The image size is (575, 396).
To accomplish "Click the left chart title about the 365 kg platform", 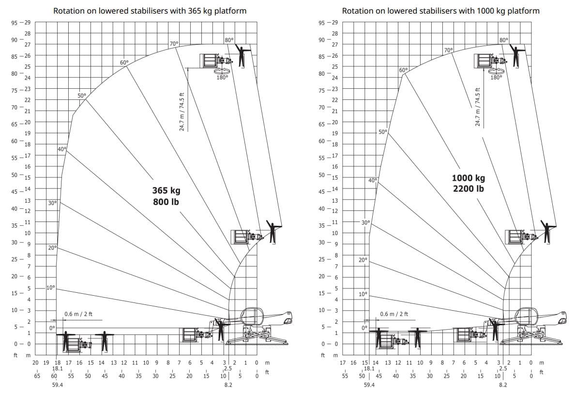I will click(150, 11).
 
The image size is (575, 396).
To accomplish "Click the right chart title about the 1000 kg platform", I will click(440, 11).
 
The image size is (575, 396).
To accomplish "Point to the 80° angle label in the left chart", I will click(229, 40).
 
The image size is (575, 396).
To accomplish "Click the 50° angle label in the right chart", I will click(383, 131).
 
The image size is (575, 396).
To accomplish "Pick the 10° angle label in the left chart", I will click(51, 287).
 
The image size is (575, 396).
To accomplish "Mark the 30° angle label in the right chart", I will click(366, 222).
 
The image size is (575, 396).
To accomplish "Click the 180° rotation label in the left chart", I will click(222, 77).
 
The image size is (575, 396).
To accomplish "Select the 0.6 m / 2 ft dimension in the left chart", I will click(78, 314).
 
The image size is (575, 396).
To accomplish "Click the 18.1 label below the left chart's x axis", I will click(57, 368).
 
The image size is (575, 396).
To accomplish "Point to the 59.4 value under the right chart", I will click(369, 385).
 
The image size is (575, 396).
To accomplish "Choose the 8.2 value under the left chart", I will click(228, 385).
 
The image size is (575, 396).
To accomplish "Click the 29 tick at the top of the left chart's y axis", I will click(27, 23).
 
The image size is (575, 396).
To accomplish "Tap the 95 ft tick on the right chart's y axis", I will click(322, 23).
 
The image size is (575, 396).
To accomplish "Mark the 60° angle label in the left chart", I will click(124, 63).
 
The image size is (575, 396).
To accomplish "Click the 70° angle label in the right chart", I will click(448, 49).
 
